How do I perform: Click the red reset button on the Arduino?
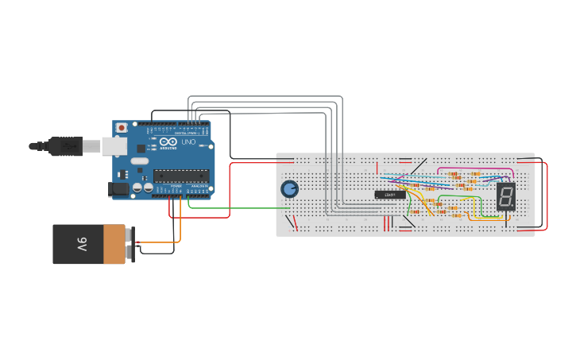click(122, 127)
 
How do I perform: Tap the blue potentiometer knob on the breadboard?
click(289, 188)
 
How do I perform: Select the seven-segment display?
click(506, 196)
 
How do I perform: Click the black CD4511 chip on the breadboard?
click(390, 194)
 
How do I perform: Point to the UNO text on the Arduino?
click(188, 142)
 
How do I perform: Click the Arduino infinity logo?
click(168, 141)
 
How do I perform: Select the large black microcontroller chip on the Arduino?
click(180, 176)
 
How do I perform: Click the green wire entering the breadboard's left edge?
click(238, 208)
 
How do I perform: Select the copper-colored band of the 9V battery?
click(114, 243)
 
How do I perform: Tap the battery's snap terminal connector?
click(131, 243)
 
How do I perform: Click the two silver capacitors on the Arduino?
click(143, 188)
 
